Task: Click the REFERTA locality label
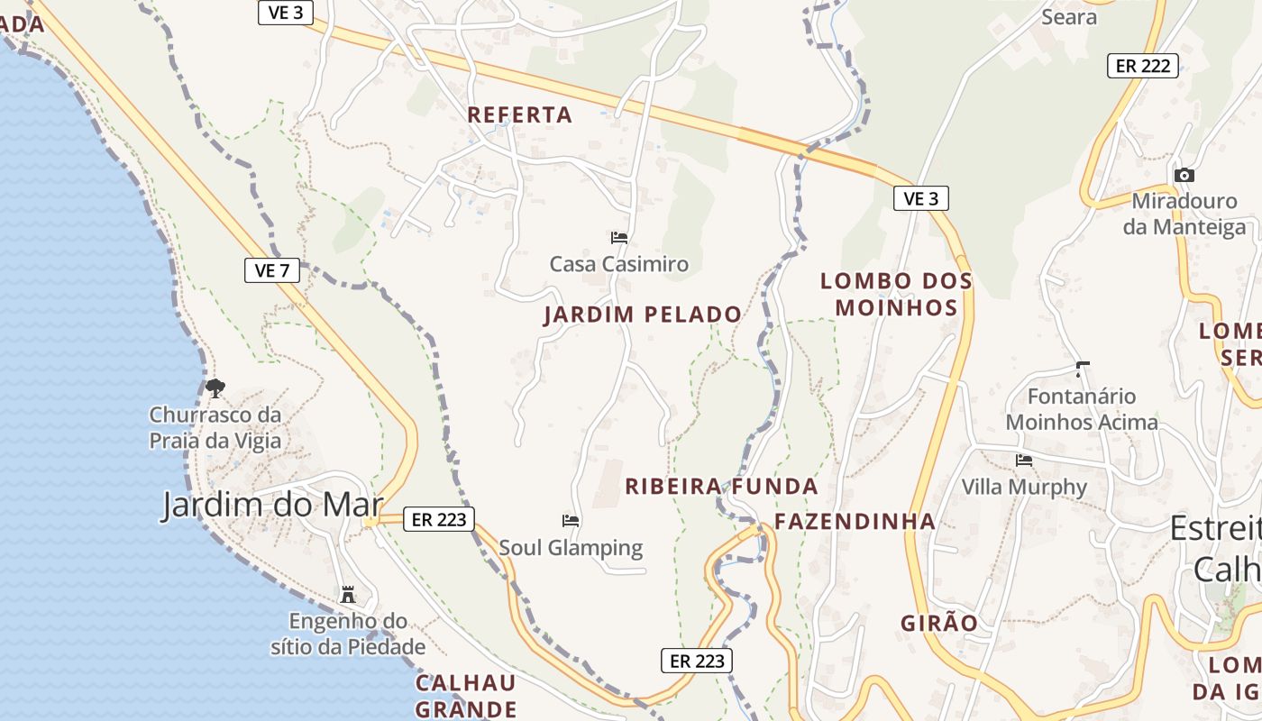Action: tap(520, 114)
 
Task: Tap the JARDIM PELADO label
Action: tap(643, 315)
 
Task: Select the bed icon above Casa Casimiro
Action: tap(619, 238)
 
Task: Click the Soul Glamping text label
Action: tap(571, 547)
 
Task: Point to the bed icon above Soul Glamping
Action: tap(571, 520)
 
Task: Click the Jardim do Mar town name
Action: tap(272, 505)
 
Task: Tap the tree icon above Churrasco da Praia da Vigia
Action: tap(215, 388)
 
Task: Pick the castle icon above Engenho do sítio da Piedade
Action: tap(347, 595)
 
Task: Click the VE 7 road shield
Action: tap(272, 269)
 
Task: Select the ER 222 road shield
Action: tap(1143, 65)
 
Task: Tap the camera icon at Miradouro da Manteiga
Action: tap(1184, 175)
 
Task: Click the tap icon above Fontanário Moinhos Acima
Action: tap(1082, 369)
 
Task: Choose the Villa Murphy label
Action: tap(1024, 487)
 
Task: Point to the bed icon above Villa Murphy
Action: tap(1024, 460)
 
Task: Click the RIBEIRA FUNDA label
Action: tap(721, 487)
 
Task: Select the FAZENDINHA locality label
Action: tap(855, 521)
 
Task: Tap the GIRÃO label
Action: tap(939, 623)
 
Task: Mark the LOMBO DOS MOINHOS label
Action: tap(896, 295)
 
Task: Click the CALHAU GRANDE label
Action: tap(466, 695)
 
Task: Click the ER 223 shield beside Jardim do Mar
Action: tap(439, 518)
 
